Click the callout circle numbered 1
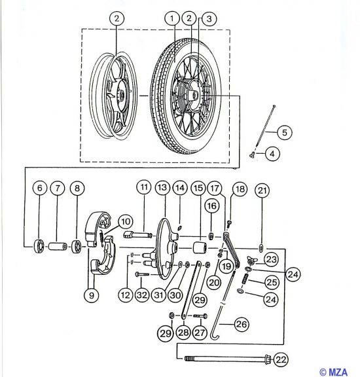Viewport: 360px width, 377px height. click(172, 18)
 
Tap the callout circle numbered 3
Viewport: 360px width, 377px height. click(209, 19)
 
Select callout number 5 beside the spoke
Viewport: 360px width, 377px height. click(285, 132)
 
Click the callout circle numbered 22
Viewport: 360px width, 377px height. click(281, 360)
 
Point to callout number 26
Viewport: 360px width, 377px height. click(242, 325)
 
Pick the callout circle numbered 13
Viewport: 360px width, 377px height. click(162, 187)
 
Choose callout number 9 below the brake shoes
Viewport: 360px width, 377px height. click(92, 295)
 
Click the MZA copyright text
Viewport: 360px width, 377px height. click(334, 372)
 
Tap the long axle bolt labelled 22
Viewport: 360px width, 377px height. click(228, 359)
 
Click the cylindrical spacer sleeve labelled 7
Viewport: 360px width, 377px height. click(58, 247)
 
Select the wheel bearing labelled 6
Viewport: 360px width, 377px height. click(39, 246)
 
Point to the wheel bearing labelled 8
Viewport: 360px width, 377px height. click(77, 247)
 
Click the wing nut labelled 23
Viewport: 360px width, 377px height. click(252, 260)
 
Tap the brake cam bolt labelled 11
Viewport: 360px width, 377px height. click(138, 234)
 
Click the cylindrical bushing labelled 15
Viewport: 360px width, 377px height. click(200, 248)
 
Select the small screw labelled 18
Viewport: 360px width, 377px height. click(229, 224)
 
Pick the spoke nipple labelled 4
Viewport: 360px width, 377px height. click(252, 155)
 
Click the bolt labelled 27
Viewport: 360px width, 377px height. click(200, 315)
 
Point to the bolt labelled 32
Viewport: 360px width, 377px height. click(143, 274)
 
